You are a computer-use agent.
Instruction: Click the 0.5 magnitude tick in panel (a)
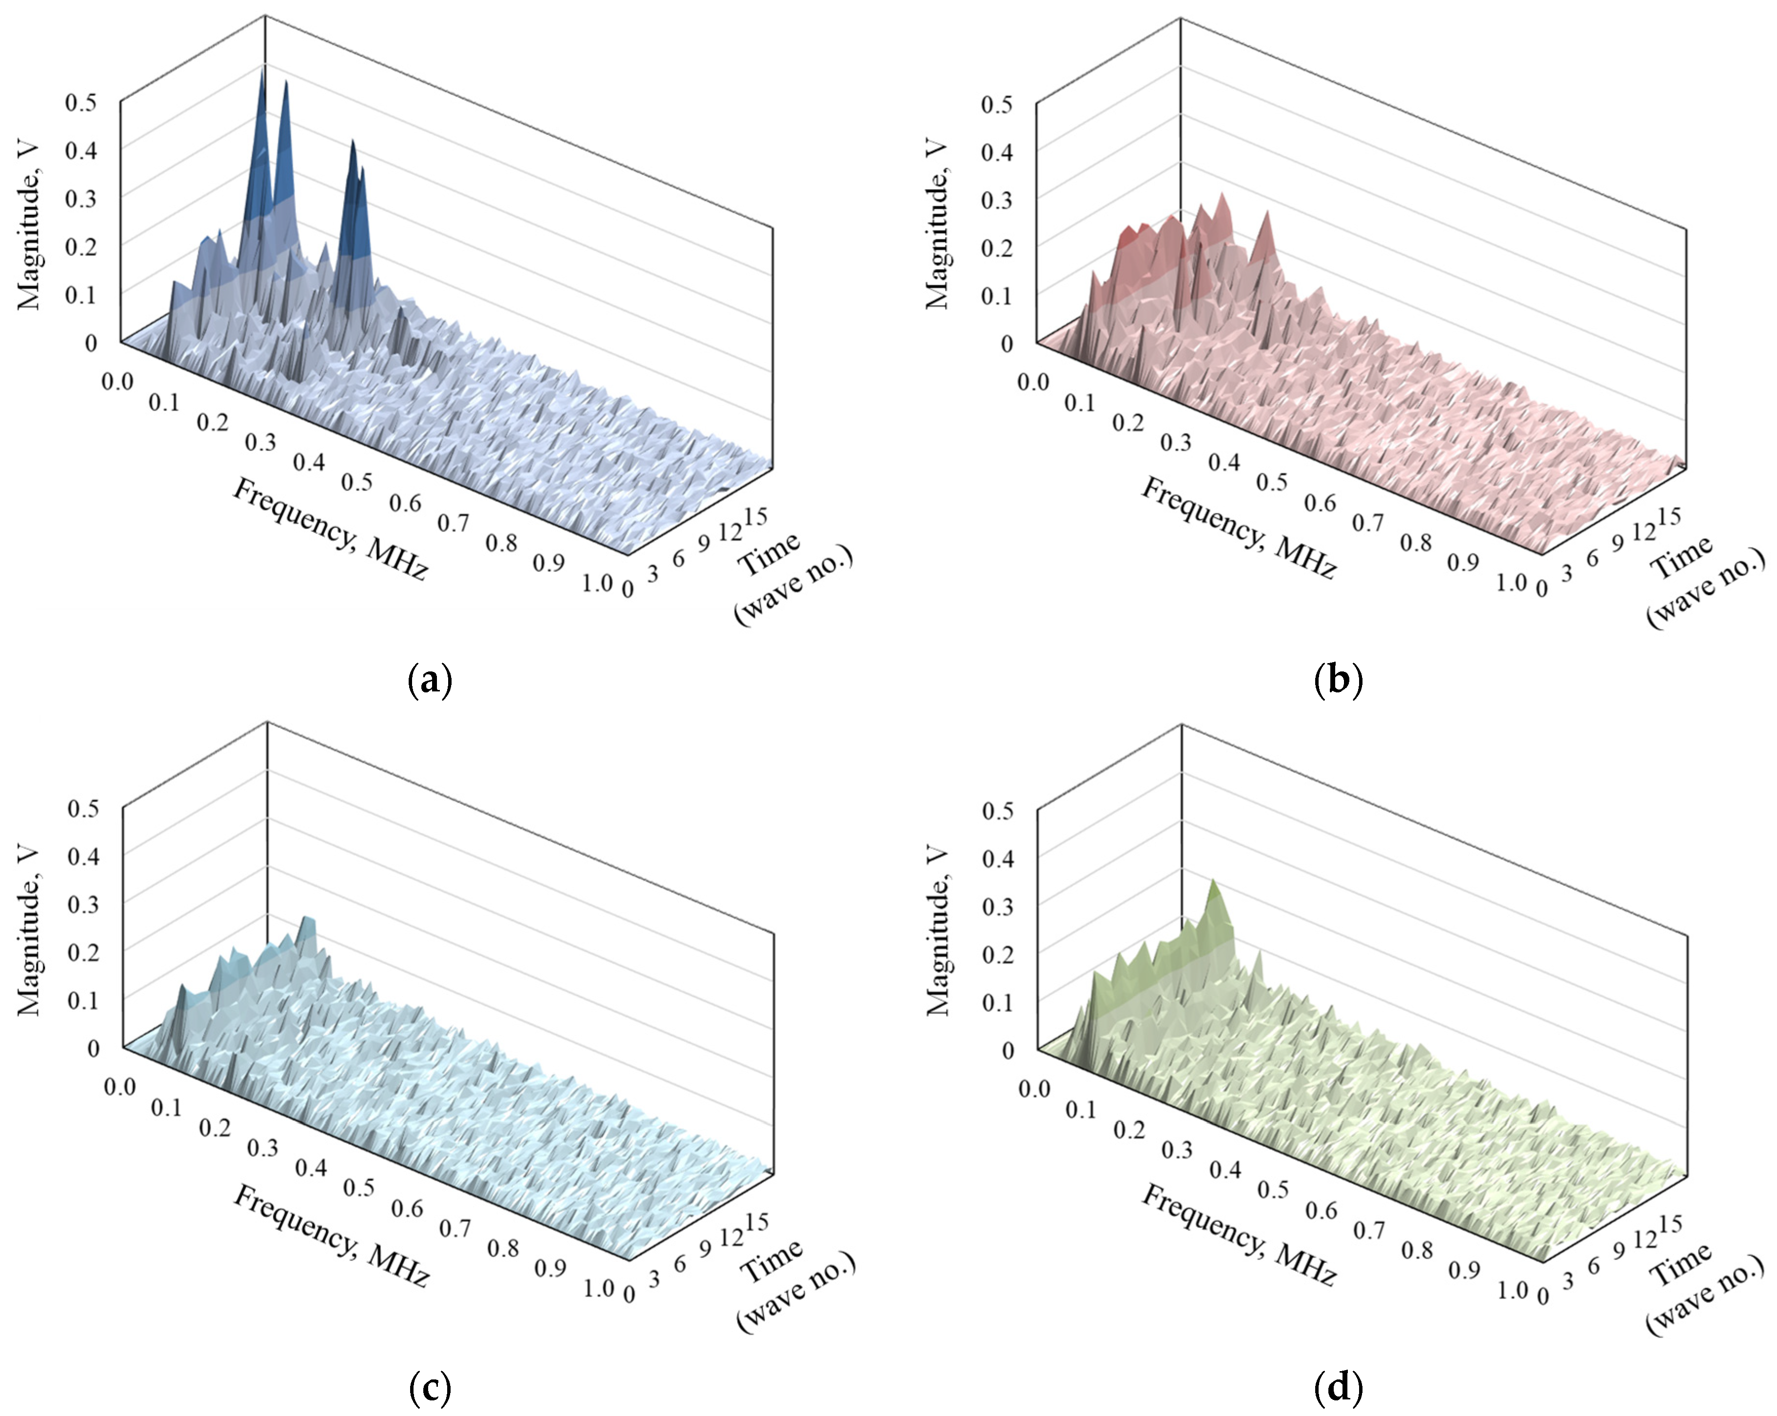[81, 102]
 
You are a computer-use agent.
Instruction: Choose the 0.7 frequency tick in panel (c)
[454, 1229]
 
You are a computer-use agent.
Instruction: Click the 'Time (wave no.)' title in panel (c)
[795, 1286]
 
